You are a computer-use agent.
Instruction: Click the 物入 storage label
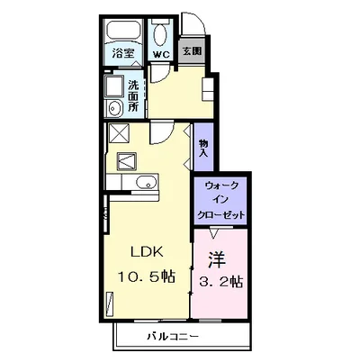(203, 149)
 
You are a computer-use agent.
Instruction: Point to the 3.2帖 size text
(221, 281)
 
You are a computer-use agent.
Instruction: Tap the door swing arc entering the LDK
(158, 135)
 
